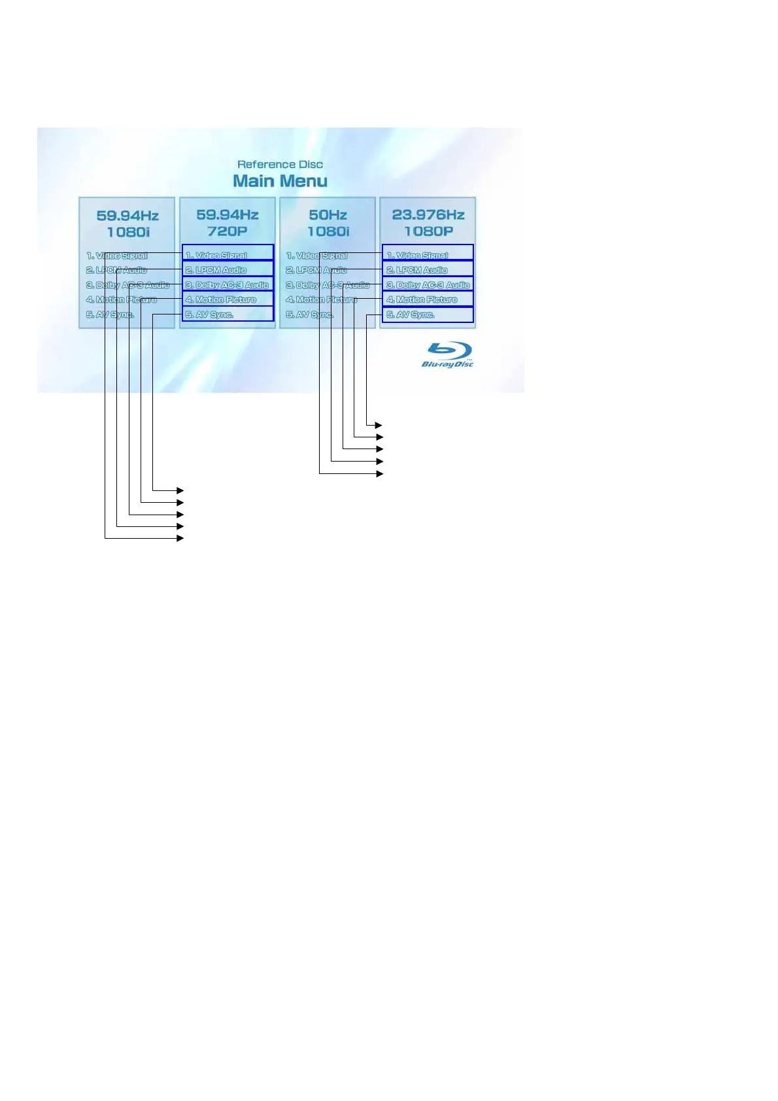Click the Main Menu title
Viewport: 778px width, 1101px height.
(x=280, y=181)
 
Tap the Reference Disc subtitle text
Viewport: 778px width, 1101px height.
(x=280, y=165)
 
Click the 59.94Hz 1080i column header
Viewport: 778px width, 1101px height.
(x=127, y=224)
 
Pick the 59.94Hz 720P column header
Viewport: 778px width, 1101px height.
(x=228, y=223)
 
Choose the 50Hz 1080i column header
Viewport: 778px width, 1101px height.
(x=328, y=223)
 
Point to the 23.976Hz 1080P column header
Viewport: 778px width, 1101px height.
(x=428, y=223)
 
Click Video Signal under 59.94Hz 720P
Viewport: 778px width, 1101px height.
(x=228, y=254)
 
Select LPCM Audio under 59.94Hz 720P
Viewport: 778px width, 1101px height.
(x=228, y=269)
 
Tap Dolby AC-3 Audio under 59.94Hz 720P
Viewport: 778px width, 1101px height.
(x=228, y=284)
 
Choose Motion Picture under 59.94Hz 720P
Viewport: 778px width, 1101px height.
(x=228, y=299)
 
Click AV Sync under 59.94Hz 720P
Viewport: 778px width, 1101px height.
(x=228, y=314)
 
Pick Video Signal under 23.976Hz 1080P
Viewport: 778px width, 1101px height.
(x=428, y=254)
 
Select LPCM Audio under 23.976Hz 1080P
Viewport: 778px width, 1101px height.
(x=428, y=269)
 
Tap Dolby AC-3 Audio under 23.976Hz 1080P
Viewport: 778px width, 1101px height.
(x=428, y=284)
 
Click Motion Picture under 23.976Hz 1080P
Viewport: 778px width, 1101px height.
(x=428, y=299)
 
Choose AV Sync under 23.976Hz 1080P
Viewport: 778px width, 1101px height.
(x=428, y=314)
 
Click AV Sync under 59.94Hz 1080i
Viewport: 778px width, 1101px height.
(x=110, y=314)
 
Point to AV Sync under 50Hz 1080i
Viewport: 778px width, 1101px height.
(x=309, y=314)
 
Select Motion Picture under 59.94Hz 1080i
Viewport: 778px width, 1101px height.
(x=122, y=299)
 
